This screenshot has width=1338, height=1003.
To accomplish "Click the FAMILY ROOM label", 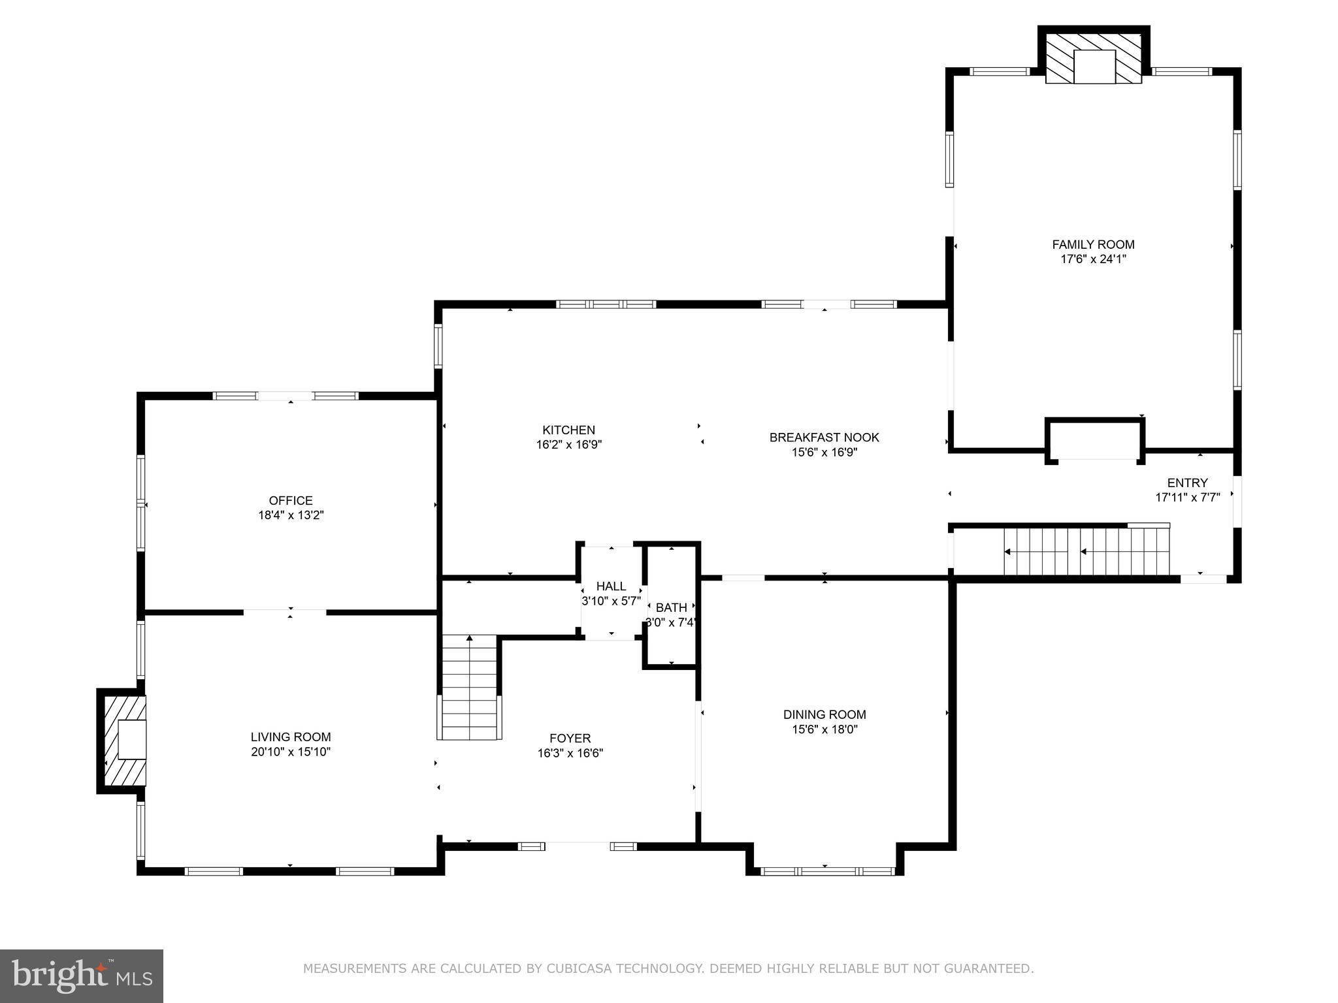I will point(1093,244).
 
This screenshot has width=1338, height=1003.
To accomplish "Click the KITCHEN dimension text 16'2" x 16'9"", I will point(568,445).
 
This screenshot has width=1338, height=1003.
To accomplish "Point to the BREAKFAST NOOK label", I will point(824,438).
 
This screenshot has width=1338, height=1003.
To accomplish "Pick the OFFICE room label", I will point(291,500).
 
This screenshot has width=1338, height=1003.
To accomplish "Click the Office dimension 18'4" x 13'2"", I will point(291,515).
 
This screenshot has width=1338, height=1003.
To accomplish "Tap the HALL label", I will point(611,586).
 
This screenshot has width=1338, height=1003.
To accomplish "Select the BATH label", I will point(672,608).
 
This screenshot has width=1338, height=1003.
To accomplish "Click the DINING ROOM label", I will point(824,714).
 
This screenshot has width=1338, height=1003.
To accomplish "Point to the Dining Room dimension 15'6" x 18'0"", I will point(824,729).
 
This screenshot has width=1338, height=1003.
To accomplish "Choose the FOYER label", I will point(570,739).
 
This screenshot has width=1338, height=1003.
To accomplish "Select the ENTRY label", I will point(1187,483).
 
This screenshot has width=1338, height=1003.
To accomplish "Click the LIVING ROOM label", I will point(291,737).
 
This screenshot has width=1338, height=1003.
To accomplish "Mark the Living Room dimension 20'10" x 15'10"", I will point(291,752).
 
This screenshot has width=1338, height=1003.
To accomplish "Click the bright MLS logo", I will point(82,976).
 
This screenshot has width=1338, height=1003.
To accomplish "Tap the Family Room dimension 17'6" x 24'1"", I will point(1093,259).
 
